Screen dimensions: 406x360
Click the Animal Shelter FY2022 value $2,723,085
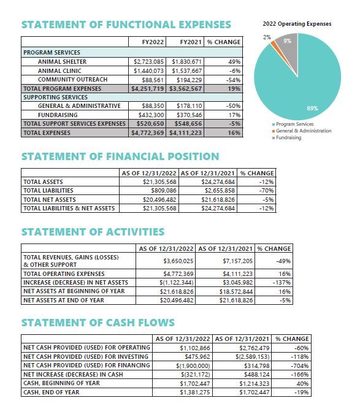tap(148, 62)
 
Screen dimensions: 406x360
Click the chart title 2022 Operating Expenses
tap(296, 24)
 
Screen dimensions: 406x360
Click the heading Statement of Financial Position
tap(120, 156)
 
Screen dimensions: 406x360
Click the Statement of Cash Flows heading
tap(98, 323)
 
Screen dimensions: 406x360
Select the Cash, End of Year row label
tap(51, 391)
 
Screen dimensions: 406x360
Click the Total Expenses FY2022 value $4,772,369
tap(148, 132)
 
